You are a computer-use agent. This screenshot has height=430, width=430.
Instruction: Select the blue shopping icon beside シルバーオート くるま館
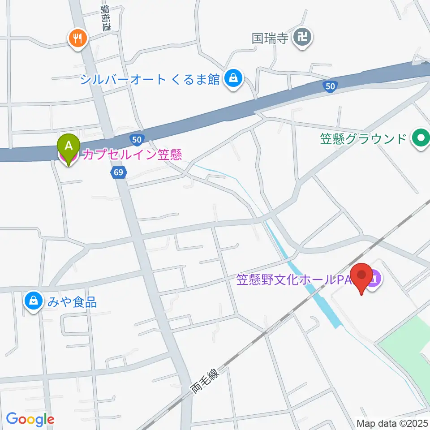point(233,79)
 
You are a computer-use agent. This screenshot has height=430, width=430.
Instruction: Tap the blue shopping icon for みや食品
point(34,301)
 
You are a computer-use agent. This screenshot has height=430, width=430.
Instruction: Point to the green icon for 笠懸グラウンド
point(420,138)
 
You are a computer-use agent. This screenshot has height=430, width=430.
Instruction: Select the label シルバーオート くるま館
point(150,80)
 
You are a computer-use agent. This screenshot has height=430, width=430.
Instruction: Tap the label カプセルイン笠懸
point(131,155)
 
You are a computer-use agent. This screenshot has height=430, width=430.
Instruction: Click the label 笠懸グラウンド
point(363,139)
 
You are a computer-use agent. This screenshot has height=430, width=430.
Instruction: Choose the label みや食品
point(70,301)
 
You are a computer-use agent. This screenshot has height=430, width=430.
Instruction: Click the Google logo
point(30,420)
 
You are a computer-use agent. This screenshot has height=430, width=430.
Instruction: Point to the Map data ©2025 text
point(391,422)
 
